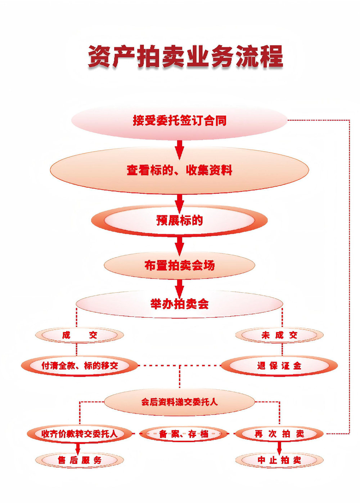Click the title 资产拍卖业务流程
185,57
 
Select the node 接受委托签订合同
179,120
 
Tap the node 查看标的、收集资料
179,170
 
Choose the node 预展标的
179,220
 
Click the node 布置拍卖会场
179,266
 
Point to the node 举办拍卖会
179,304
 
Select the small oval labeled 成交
79,335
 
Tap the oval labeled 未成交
279,335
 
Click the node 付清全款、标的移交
80,366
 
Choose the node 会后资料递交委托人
179,402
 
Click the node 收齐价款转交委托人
80,433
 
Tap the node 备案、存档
184,434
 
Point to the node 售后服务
79,460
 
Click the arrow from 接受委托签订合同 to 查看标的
179,148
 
